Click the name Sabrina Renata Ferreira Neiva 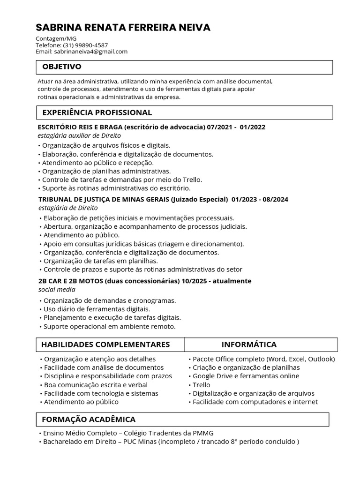[123, 28]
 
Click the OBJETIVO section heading [62, 67]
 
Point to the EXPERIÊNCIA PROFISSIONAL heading [97, 112]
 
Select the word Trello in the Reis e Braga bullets [192, 180]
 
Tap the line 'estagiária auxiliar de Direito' [79, 135]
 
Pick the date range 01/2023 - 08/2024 [260, 199]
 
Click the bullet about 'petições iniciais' [137, 218]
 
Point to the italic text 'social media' [57, 289]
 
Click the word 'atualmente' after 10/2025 [232, 281]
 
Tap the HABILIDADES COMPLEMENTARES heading [105, 345]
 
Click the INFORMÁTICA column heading [249, 345]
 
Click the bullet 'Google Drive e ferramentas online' [246, 376]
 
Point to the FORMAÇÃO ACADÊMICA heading [89, 419]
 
